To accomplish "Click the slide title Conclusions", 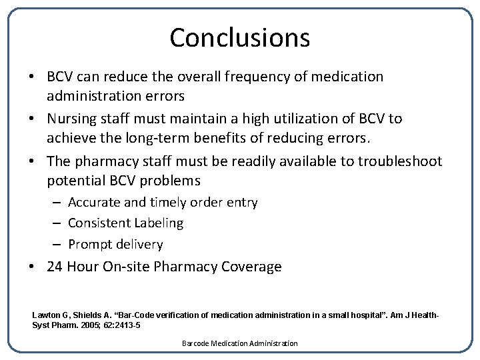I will coord(239,38).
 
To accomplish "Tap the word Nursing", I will coord(71,119).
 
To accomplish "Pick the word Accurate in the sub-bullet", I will coord(93,202).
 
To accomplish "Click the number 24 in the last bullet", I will coord(55,267).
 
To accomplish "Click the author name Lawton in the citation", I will coord(46,315).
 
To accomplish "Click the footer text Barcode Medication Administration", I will coord(239,343).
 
